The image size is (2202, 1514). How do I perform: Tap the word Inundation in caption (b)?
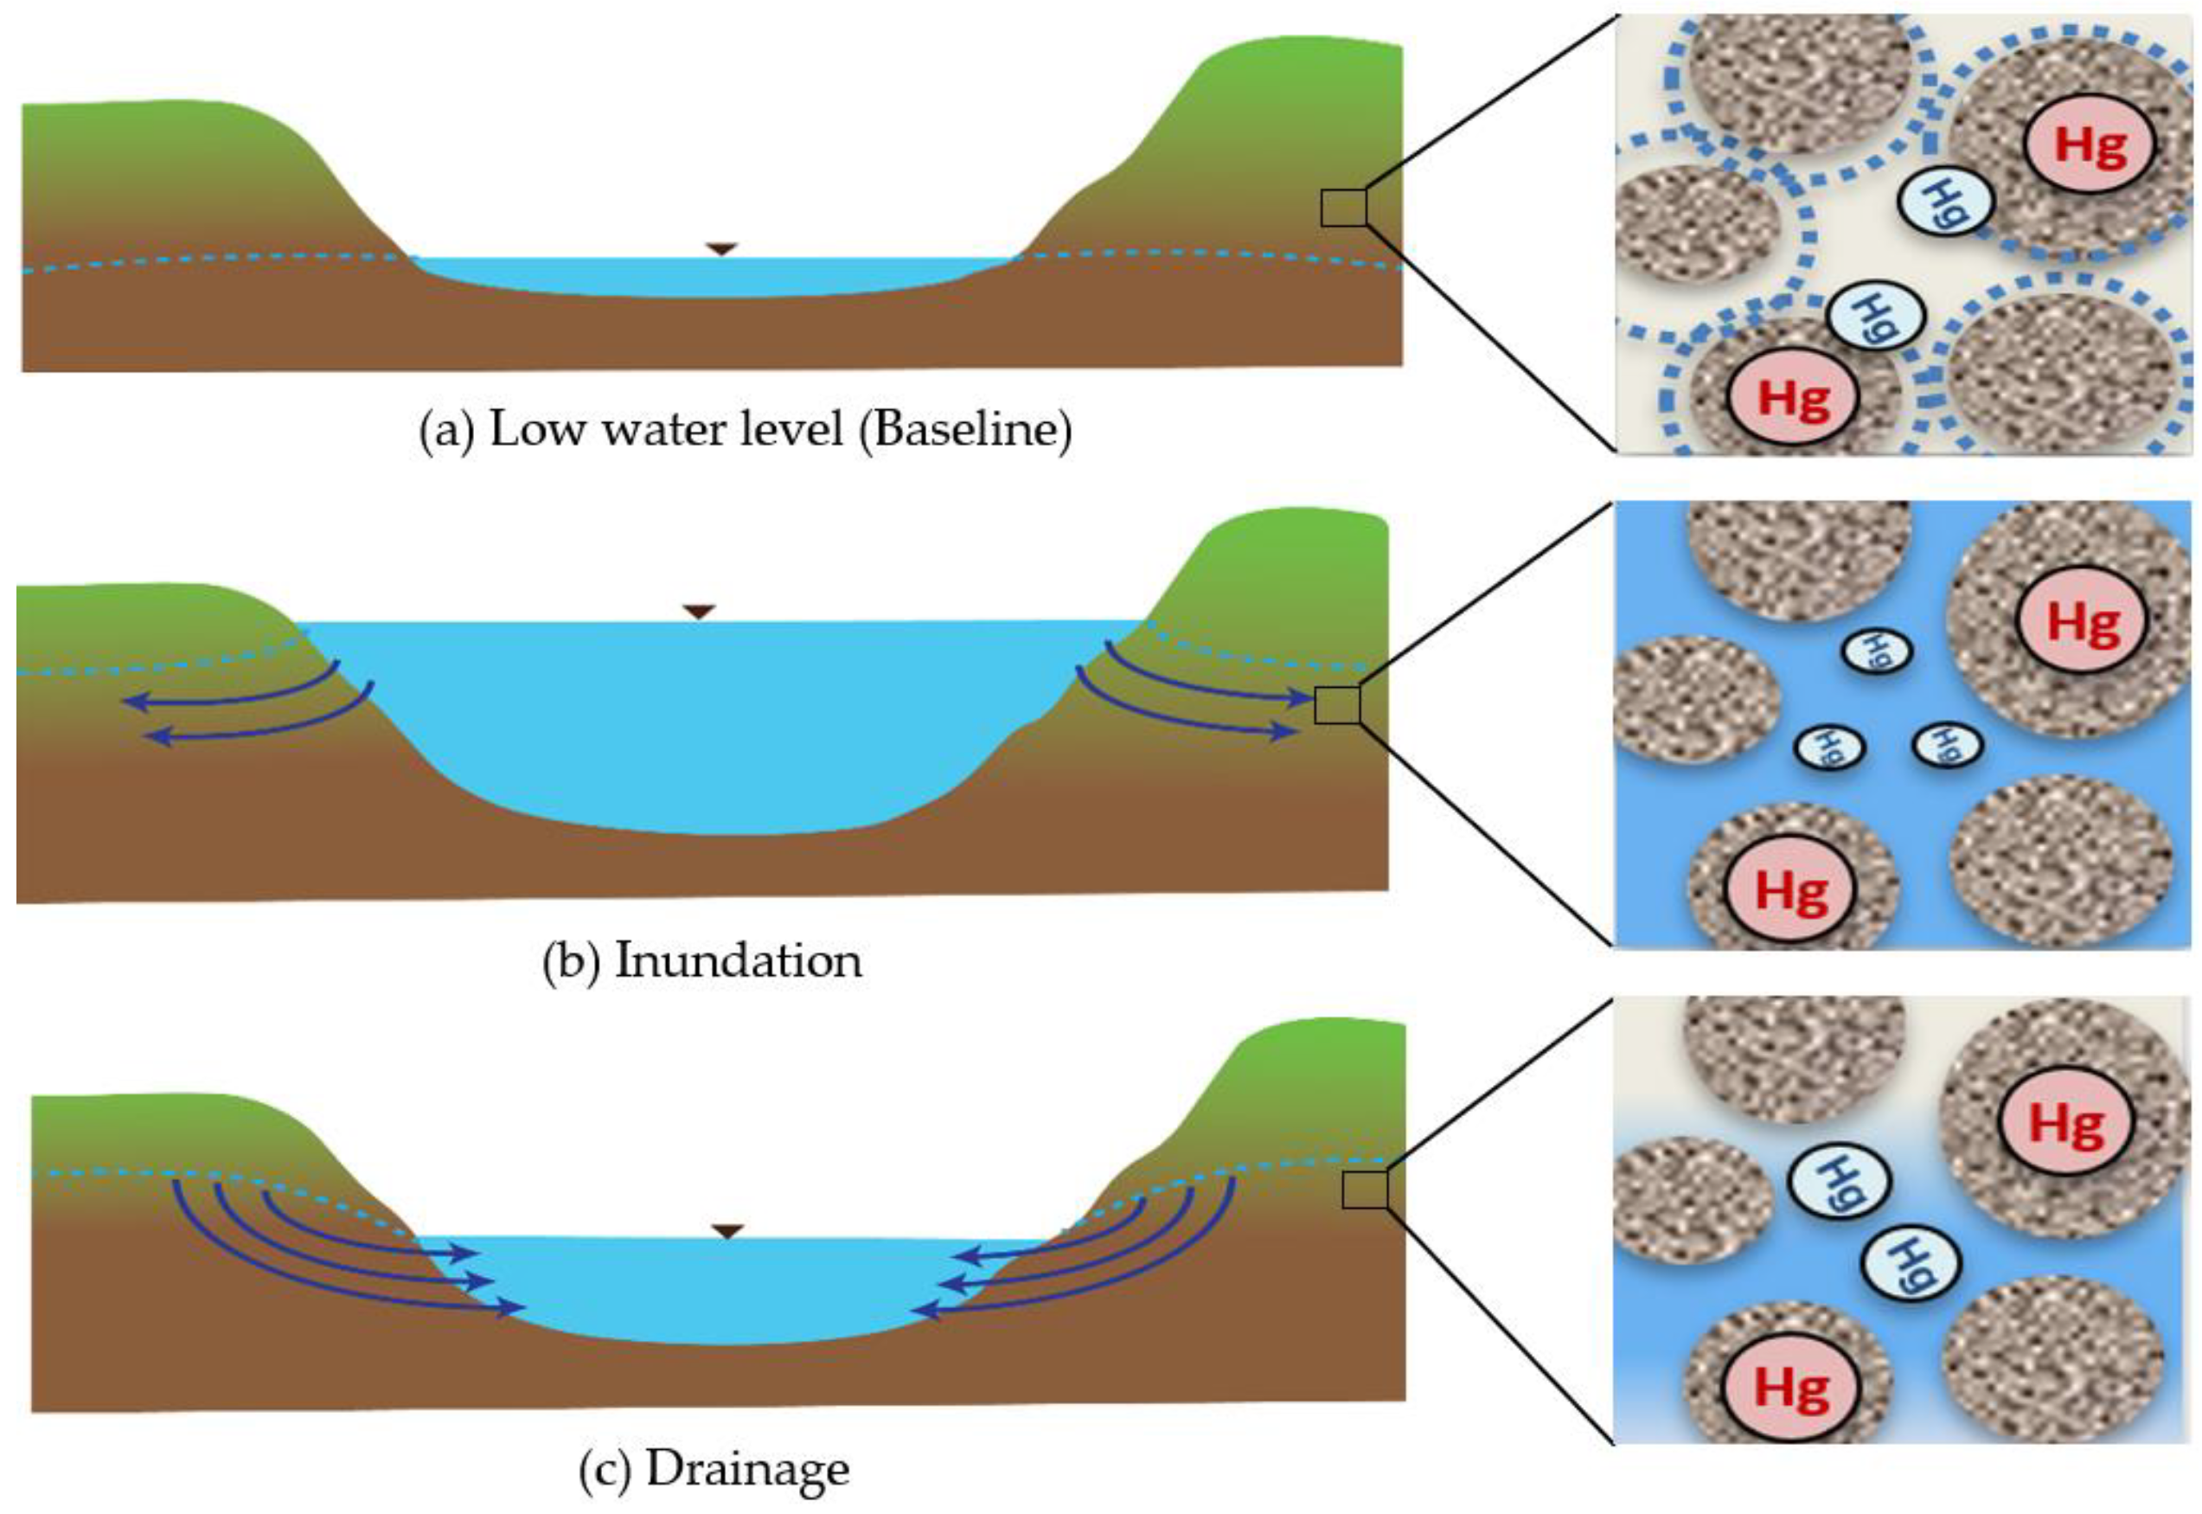[x=738, y=961]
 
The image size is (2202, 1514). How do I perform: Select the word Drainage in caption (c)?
[x=747, y=1469]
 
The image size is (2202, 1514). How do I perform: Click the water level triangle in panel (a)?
[x=721, y=248]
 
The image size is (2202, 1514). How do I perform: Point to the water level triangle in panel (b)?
[x=699, y=612]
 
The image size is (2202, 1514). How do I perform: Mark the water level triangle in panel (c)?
[x=727, y=1231]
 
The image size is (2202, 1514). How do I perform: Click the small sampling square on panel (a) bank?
[x=1343, y=208]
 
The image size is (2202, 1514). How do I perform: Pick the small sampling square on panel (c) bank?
[x=1365, y=1190]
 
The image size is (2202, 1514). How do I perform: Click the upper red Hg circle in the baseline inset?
[x=2090, y=145]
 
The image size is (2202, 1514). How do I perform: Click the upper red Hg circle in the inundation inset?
[x=2084, y=623]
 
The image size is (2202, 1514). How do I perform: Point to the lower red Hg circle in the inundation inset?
[x=1790, y=891]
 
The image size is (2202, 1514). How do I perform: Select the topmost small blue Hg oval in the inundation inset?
[x=1877, y=651]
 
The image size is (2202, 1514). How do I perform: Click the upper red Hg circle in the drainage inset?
[x=2065, y=1124]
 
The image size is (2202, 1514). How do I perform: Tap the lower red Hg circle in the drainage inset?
[x=1789, y=1388]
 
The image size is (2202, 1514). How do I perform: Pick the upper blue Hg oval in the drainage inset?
[x=1839, y=1182]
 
